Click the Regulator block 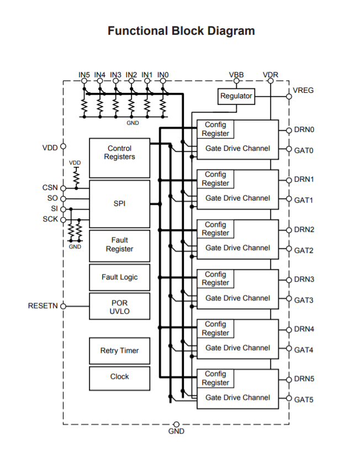[x=236, y=96]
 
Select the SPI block [x=119, y=203]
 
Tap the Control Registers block [x=119, y=153]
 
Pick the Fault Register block [x=119, y=245]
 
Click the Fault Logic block [x=119, y=277]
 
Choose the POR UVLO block [x=119, y=307]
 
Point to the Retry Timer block [x=119, y=351]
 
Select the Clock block [x=119, y=377]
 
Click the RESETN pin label [x=43, y=306]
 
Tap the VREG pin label [x=304, y=90]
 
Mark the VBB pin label [x=236, y=75]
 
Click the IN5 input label [x=84, y=75]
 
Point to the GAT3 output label [x=304, y=300]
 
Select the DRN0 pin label [x=304, y=130]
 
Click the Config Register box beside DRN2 [x=215, y=229]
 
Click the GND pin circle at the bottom [x=176, y=424]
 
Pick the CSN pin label [x=50, y=188]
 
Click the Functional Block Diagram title [x=181, y=31]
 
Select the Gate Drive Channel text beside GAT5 [x=237, y=398]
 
